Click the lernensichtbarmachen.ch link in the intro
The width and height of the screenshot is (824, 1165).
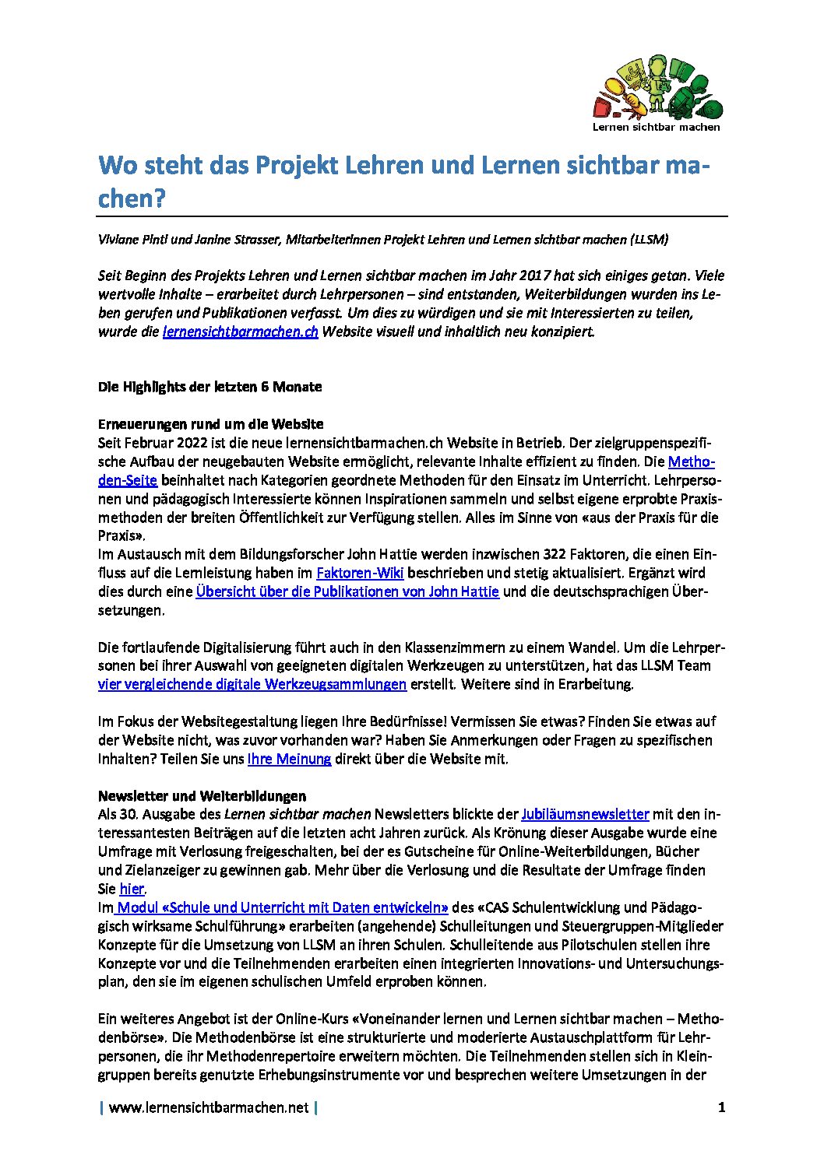click(240, 332)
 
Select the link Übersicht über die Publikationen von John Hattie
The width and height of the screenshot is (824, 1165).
click(347, 591)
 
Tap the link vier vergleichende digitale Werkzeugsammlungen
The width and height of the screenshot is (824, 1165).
click(252, 684)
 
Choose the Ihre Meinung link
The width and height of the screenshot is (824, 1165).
click(289, 759)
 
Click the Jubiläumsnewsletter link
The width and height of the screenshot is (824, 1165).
click(585, 814)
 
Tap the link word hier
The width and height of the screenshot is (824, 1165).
click(132, 889)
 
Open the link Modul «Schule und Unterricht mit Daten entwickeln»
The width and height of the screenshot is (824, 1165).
click(283, 907)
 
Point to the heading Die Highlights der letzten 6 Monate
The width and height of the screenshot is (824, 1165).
click(210, 387)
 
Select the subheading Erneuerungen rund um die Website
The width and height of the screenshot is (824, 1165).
click(210, 424)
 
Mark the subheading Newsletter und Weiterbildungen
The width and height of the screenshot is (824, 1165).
click(202, 795)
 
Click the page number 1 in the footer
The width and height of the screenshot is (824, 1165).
click(721, 1107)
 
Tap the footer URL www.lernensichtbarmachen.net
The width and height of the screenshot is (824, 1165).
click(209, 1107)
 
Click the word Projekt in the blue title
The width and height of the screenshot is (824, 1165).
click(300, 166)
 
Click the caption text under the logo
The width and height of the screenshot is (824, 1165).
click(656, 127)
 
